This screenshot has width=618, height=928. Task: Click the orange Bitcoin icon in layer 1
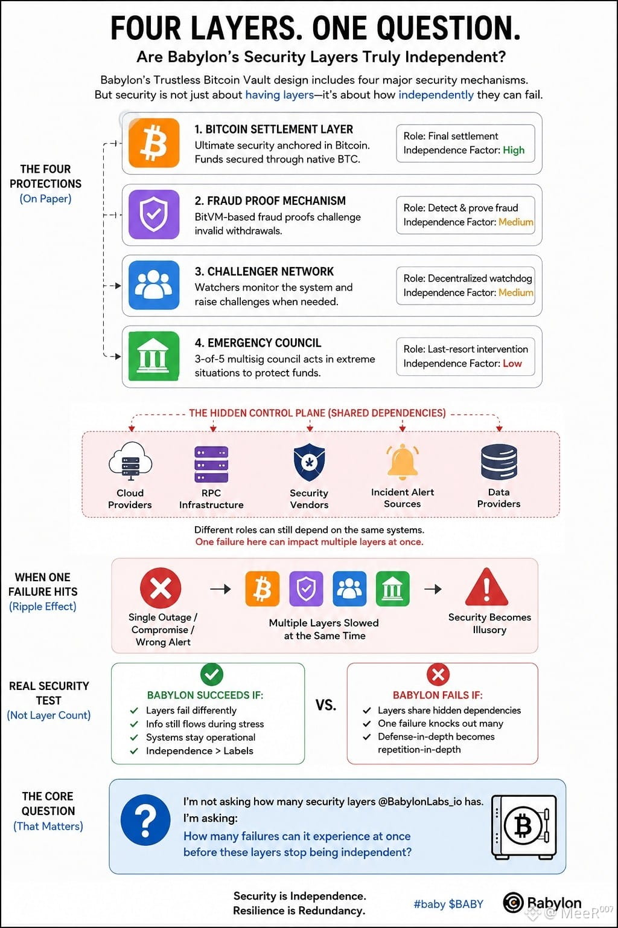pos(153,143)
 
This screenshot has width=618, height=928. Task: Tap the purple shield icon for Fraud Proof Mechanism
pos(153,214)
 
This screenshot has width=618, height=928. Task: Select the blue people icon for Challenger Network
pos(153,285)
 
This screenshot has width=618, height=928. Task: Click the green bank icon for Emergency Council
pos(153,356)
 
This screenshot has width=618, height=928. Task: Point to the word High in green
pos(513,150)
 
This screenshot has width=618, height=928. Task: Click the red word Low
pos(512,363)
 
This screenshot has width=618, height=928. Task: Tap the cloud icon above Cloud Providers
pos(130,461)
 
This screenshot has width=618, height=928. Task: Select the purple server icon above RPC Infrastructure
pos(211,464)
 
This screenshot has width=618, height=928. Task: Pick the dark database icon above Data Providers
pos(499,462)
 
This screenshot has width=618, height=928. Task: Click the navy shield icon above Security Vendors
pos(309,462)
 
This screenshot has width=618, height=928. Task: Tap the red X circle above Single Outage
pos(161,588)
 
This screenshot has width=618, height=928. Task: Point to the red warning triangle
pos(486,587)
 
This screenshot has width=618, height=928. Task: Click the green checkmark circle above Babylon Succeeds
pos(211,674)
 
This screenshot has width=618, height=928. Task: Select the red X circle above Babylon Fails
pos(438,674)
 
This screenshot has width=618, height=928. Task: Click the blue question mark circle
pos(145,820)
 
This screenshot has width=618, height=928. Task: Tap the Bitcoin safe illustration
pos(524,826)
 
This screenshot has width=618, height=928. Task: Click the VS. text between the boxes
pos(326,705)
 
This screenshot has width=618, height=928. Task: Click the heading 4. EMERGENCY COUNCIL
pos(258,343)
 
